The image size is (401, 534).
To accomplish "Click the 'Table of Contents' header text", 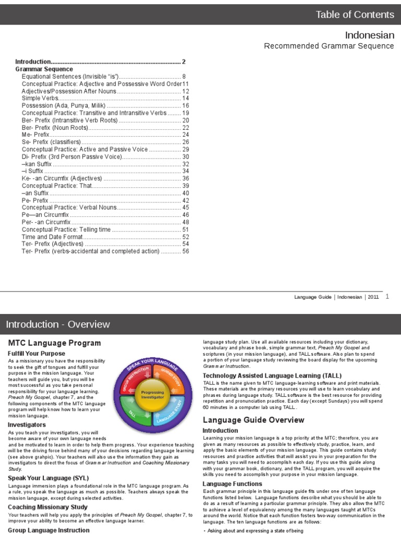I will (355, 15).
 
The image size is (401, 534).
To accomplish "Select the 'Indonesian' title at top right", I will (370, 35).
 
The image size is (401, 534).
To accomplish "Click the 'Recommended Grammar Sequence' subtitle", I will (329, 46).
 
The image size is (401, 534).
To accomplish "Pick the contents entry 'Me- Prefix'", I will (36, 135).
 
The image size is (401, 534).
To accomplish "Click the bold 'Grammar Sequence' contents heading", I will (44, 69).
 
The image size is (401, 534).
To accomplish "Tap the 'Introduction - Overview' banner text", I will (58, 324).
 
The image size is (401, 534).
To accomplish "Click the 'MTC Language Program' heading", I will (54, 343).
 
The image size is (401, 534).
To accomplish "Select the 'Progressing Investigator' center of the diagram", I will (152, 395).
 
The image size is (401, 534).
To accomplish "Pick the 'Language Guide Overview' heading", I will (253, 420).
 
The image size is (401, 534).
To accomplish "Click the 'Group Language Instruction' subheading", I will (49, 530).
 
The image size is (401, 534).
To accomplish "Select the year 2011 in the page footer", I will (373, 297).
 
